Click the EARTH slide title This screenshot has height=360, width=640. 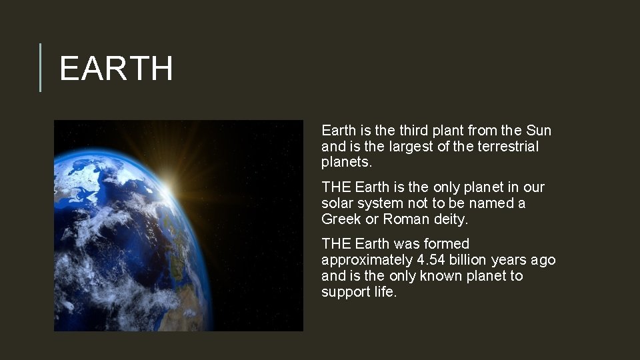point(116,69)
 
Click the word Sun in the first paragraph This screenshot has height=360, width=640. point(539,131)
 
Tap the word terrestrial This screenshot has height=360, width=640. point(508,147)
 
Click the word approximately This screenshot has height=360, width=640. point(367,261)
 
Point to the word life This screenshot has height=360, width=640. point(384,292)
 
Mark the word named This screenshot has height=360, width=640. point(495,203)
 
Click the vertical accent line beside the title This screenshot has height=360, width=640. point(40,67)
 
